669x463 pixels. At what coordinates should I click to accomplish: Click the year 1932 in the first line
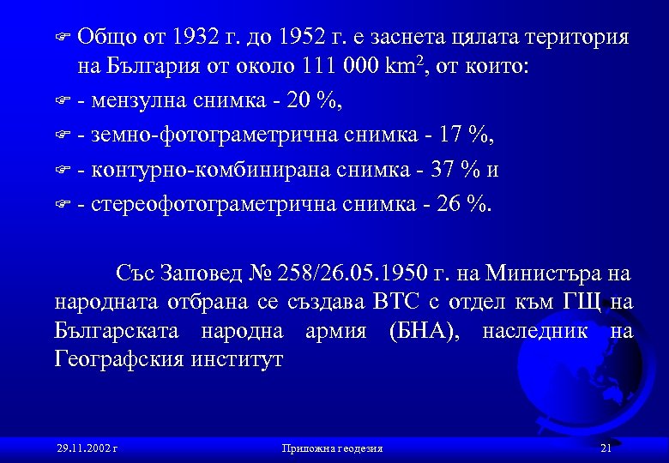point(196,38)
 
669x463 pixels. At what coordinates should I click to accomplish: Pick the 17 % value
point(468,135)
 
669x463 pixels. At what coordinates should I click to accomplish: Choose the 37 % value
point(454,169)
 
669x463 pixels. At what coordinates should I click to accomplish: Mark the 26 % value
point(467,203)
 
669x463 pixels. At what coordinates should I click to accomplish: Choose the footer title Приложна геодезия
point(332,448)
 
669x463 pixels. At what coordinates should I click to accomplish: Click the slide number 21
point(606,448)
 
